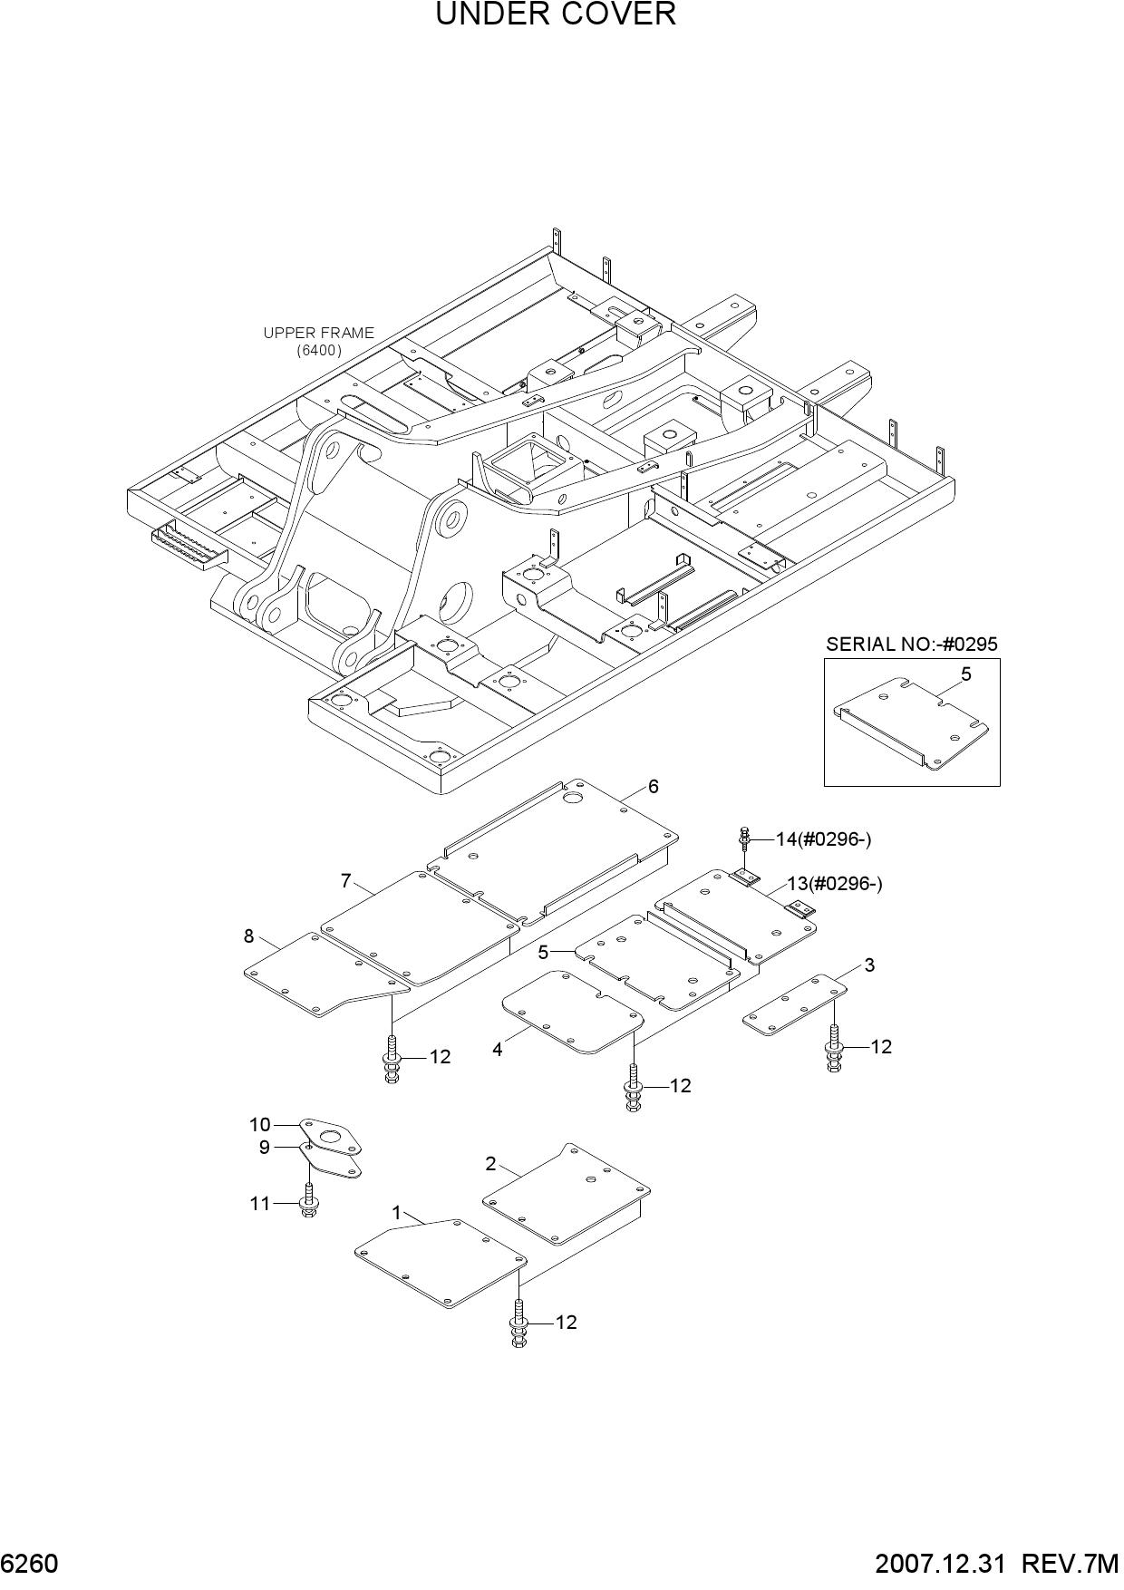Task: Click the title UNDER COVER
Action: (x=556, y=15)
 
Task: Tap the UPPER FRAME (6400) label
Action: (x=318, y=341)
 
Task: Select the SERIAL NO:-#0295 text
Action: (x=911, y=645)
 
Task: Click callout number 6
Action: (x=653, y=786)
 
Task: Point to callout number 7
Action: (x=345, y=880)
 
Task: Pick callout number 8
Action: (x=249, y=936)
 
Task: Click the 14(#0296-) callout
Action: (x=823, y=839)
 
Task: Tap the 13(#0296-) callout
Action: (x=834, y=884)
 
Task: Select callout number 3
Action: (x=869, y=965)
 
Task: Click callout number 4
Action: (x=498, y=1050)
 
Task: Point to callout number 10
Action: (x=260, y=1125)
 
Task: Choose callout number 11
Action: (x=260, y=1204)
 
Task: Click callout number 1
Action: (x=396, y=1213)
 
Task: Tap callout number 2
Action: (x=490, y=1163)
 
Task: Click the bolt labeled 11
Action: (x=309, y=1197)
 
